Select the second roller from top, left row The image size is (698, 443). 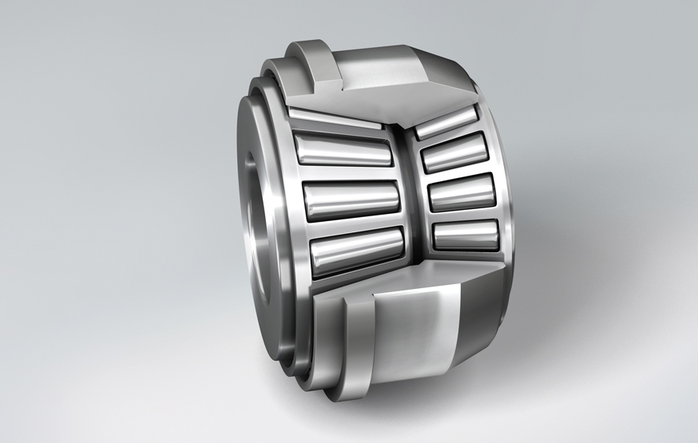pyautogui.click(x=343, y=149)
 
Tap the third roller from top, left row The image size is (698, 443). pyautogui.click(x=351, y=198)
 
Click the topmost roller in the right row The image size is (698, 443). pyautogui.click(x=446, y=122)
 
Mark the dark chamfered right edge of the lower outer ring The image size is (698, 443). pyautogui.click(x=487, y=319)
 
